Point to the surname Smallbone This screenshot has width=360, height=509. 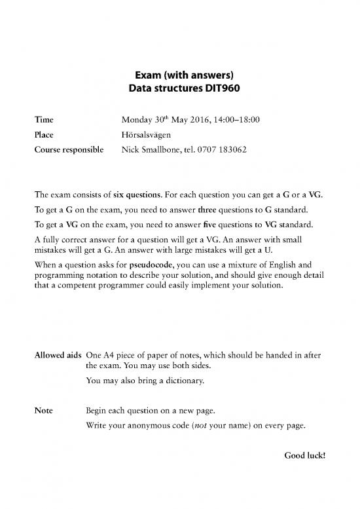[164, 149]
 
